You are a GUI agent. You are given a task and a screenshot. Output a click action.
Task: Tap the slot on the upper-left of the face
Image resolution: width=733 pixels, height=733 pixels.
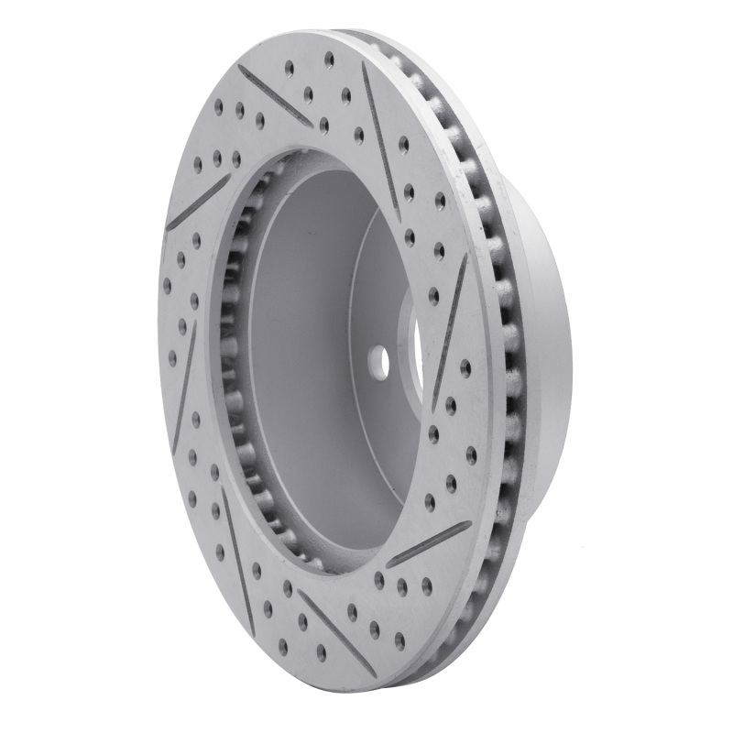point(198,202)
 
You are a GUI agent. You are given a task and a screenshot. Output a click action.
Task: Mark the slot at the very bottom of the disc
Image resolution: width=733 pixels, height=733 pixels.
point(335,631)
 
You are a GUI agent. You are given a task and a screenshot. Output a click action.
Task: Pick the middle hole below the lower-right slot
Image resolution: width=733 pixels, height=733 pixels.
point(402,584)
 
